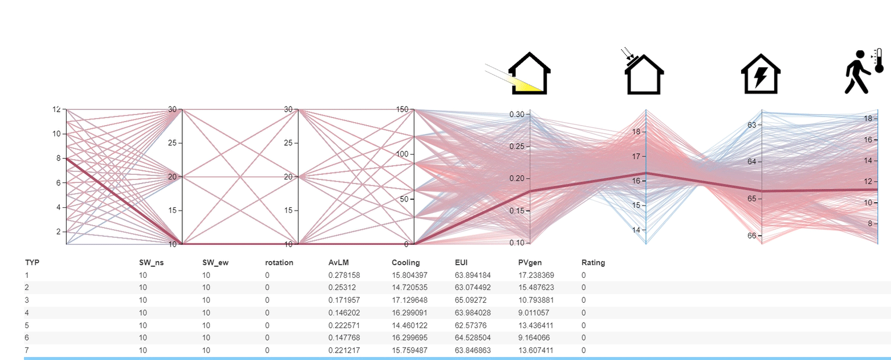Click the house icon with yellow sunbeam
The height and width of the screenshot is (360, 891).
pos(519,73)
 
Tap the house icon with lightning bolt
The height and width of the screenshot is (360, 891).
pos(761,74)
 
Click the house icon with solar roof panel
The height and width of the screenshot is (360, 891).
pos(643,72)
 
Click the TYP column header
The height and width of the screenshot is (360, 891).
pos(32,262)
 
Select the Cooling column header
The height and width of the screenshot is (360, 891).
pos(406,262)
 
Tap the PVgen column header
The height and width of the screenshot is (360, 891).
pos(530,262)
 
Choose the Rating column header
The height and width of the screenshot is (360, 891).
pos(593,262)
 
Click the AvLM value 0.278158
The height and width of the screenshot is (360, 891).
pos(344,275)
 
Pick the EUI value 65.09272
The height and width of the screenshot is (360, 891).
pos(471,300)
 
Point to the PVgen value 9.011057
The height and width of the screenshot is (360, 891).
pos(534,313)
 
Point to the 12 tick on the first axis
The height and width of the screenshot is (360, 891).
pos(56,109)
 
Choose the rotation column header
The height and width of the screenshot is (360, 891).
pos(279,262)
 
